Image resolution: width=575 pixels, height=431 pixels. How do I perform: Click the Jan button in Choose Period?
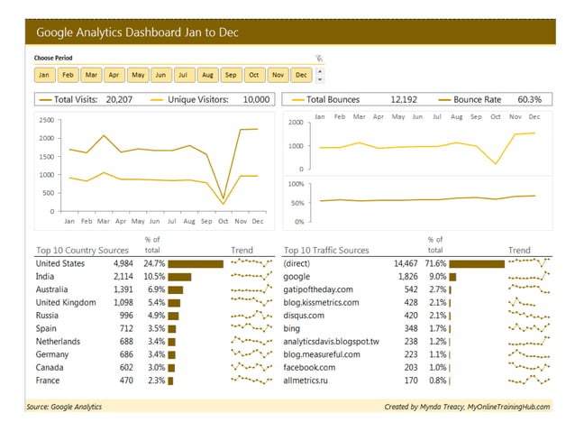tap(43, 75)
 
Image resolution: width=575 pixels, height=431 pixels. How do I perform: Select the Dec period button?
tap(301, 75)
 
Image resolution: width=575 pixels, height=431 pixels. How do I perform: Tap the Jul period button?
tap(184, 75)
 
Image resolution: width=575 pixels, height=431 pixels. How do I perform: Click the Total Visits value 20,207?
tap(119, 99)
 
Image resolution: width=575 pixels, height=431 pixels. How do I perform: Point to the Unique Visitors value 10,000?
tap(256, 99)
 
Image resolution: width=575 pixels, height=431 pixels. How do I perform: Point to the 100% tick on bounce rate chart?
tap(296, 184)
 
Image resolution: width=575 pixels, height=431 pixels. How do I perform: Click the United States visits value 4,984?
tap(123, 263)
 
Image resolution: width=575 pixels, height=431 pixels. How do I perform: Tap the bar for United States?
tap(195, 263)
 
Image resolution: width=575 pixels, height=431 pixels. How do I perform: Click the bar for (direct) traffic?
tap(477, 263)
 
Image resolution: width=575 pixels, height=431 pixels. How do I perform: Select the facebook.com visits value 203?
tap(411, 368)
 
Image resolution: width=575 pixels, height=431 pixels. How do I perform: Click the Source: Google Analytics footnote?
tap(64, 408)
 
